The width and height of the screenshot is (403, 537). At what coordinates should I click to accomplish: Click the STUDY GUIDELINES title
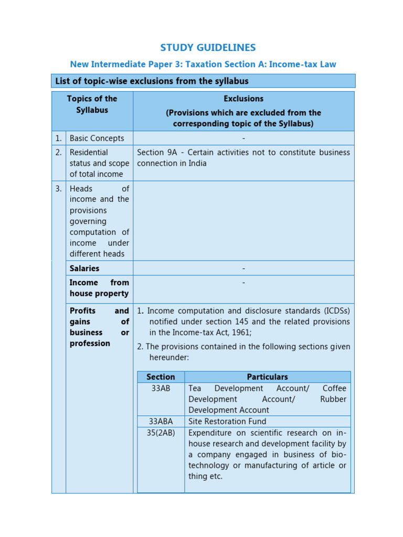tap(208, 48)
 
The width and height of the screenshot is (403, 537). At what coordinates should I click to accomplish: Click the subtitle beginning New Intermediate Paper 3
tap(203, 65)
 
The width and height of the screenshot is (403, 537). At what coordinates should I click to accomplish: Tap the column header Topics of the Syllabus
tap(92, 104)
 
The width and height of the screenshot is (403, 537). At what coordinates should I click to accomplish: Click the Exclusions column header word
tap(243, 99)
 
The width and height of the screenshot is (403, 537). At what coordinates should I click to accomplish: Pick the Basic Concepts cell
tap(97, 138)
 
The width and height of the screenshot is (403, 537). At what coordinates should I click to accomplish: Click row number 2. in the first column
tap(59, 153)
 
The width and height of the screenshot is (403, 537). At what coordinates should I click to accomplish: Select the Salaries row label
tap(84, 268)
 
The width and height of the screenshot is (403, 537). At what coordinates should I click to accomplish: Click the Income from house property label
tap(99, 288)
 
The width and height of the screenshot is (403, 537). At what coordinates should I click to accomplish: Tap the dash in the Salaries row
tap(243, 268)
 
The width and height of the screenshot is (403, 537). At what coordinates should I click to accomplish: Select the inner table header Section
tap(161, 377)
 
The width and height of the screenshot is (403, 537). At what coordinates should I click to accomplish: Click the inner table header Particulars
tap(267, 377)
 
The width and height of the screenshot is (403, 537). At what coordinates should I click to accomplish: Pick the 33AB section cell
tap(160, 389)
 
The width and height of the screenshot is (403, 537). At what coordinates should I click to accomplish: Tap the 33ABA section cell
tap(161, 422)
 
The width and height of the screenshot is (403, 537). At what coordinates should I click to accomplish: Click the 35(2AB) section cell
tap(161, 433)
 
